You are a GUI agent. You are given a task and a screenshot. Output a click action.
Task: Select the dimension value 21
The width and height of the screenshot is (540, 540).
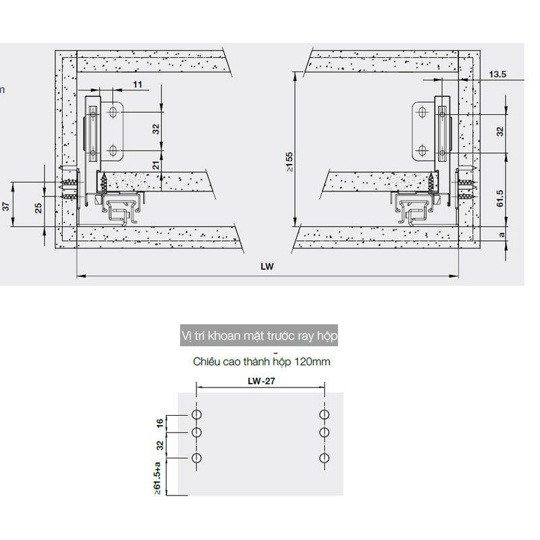(x=157, y=166)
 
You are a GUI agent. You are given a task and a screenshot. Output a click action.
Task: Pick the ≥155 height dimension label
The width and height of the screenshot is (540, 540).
(x=289, y=162)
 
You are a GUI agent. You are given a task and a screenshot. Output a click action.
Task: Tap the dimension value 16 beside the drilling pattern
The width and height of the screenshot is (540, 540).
(x=160, y=423)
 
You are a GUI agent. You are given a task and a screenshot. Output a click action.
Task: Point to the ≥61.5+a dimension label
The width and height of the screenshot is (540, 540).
(x=159, y=477)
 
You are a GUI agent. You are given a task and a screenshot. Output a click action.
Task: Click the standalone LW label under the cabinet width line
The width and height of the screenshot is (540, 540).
(x=269, y=267)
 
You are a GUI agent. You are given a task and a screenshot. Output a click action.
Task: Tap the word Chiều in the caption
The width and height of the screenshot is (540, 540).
(x=207, y=362)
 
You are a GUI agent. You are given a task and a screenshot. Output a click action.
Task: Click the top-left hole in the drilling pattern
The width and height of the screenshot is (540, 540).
(x=196, y=413)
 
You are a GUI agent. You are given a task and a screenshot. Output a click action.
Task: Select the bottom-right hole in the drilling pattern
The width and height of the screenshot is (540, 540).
(x=324, y=459)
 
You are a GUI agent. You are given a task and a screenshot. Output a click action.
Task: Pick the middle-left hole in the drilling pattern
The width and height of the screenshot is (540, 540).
(x=196, y=432)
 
